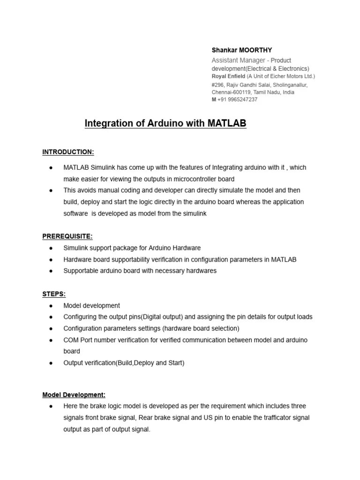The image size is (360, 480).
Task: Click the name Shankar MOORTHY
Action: tap(241, 50)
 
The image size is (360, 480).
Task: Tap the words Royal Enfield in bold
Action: tap(228, 76)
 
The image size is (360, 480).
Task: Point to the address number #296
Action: tap(218, 85)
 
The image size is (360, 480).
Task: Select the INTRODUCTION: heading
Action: tap(68, 152)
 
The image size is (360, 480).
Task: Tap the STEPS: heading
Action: tap(54, 294)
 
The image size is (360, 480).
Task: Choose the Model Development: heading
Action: tap(74, 395)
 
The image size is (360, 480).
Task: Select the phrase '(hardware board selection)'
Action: tap(201, 328)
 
